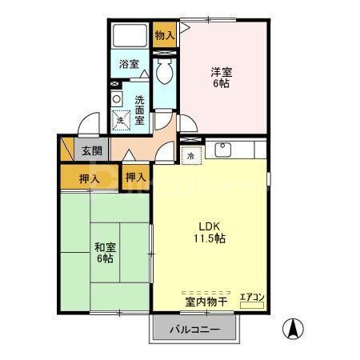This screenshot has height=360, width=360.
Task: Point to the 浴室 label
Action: point(130,63)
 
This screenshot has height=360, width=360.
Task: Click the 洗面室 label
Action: point(139,110)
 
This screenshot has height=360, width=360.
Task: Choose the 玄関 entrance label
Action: point(90,150)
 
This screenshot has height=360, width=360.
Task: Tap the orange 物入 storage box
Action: point(165,34)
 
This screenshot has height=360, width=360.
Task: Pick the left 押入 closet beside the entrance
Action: point(88,178)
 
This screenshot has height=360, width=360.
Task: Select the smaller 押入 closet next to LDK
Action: point(135,177)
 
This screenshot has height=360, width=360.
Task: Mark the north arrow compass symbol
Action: point(295,328)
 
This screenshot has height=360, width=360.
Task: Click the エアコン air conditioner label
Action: point(253,298)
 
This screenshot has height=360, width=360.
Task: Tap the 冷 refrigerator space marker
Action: point(191,157)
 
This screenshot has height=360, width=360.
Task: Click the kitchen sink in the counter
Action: point(223,149)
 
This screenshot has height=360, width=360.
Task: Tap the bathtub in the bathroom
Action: point(130,36)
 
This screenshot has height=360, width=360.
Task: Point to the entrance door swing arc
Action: point(88,126)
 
